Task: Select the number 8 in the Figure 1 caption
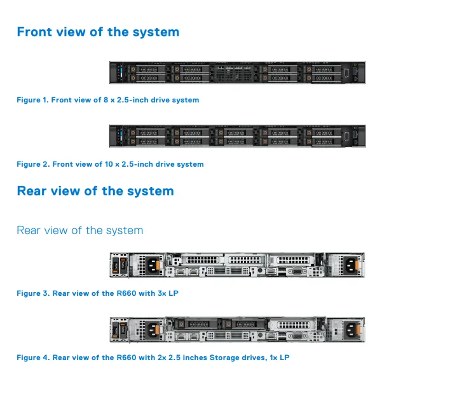click(106, 100)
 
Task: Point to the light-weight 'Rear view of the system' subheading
click(79, 230)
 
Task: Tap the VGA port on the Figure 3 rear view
click(296, 272)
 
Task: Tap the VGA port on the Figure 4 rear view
click(296, 337)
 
